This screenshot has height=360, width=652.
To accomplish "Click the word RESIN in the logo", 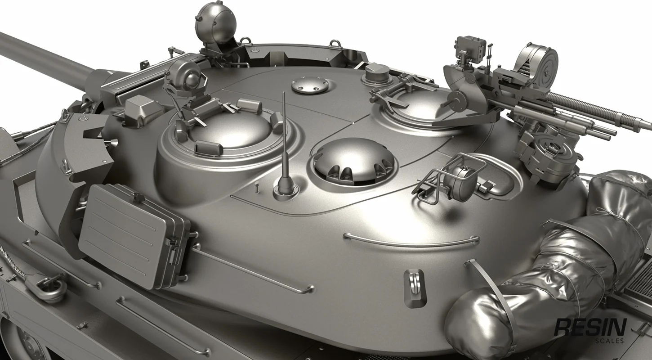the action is (x=591, y=328).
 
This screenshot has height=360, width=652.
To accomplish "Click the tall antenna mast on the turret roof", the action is (x=285, y=146).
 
